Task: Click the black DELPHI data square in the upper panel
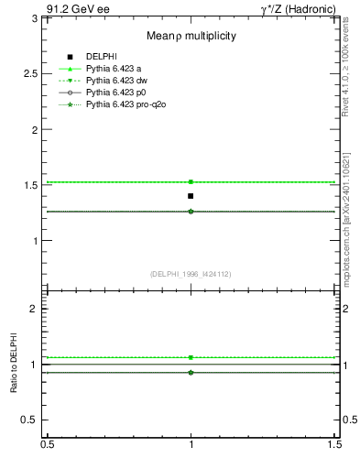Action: click(191, 196)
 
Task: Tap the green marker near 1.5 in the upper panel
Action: click(191, 182)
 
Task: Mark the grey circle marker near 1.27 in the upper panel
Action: click(191, 212)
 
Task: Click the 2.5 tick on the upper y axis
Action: click(34, 73)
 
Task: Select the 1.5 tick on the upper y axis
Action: click(34, 186)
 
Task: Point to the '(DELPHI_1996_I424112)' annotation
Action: click(191, 274)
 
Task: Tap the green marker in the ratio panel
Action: click(191, 357)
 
